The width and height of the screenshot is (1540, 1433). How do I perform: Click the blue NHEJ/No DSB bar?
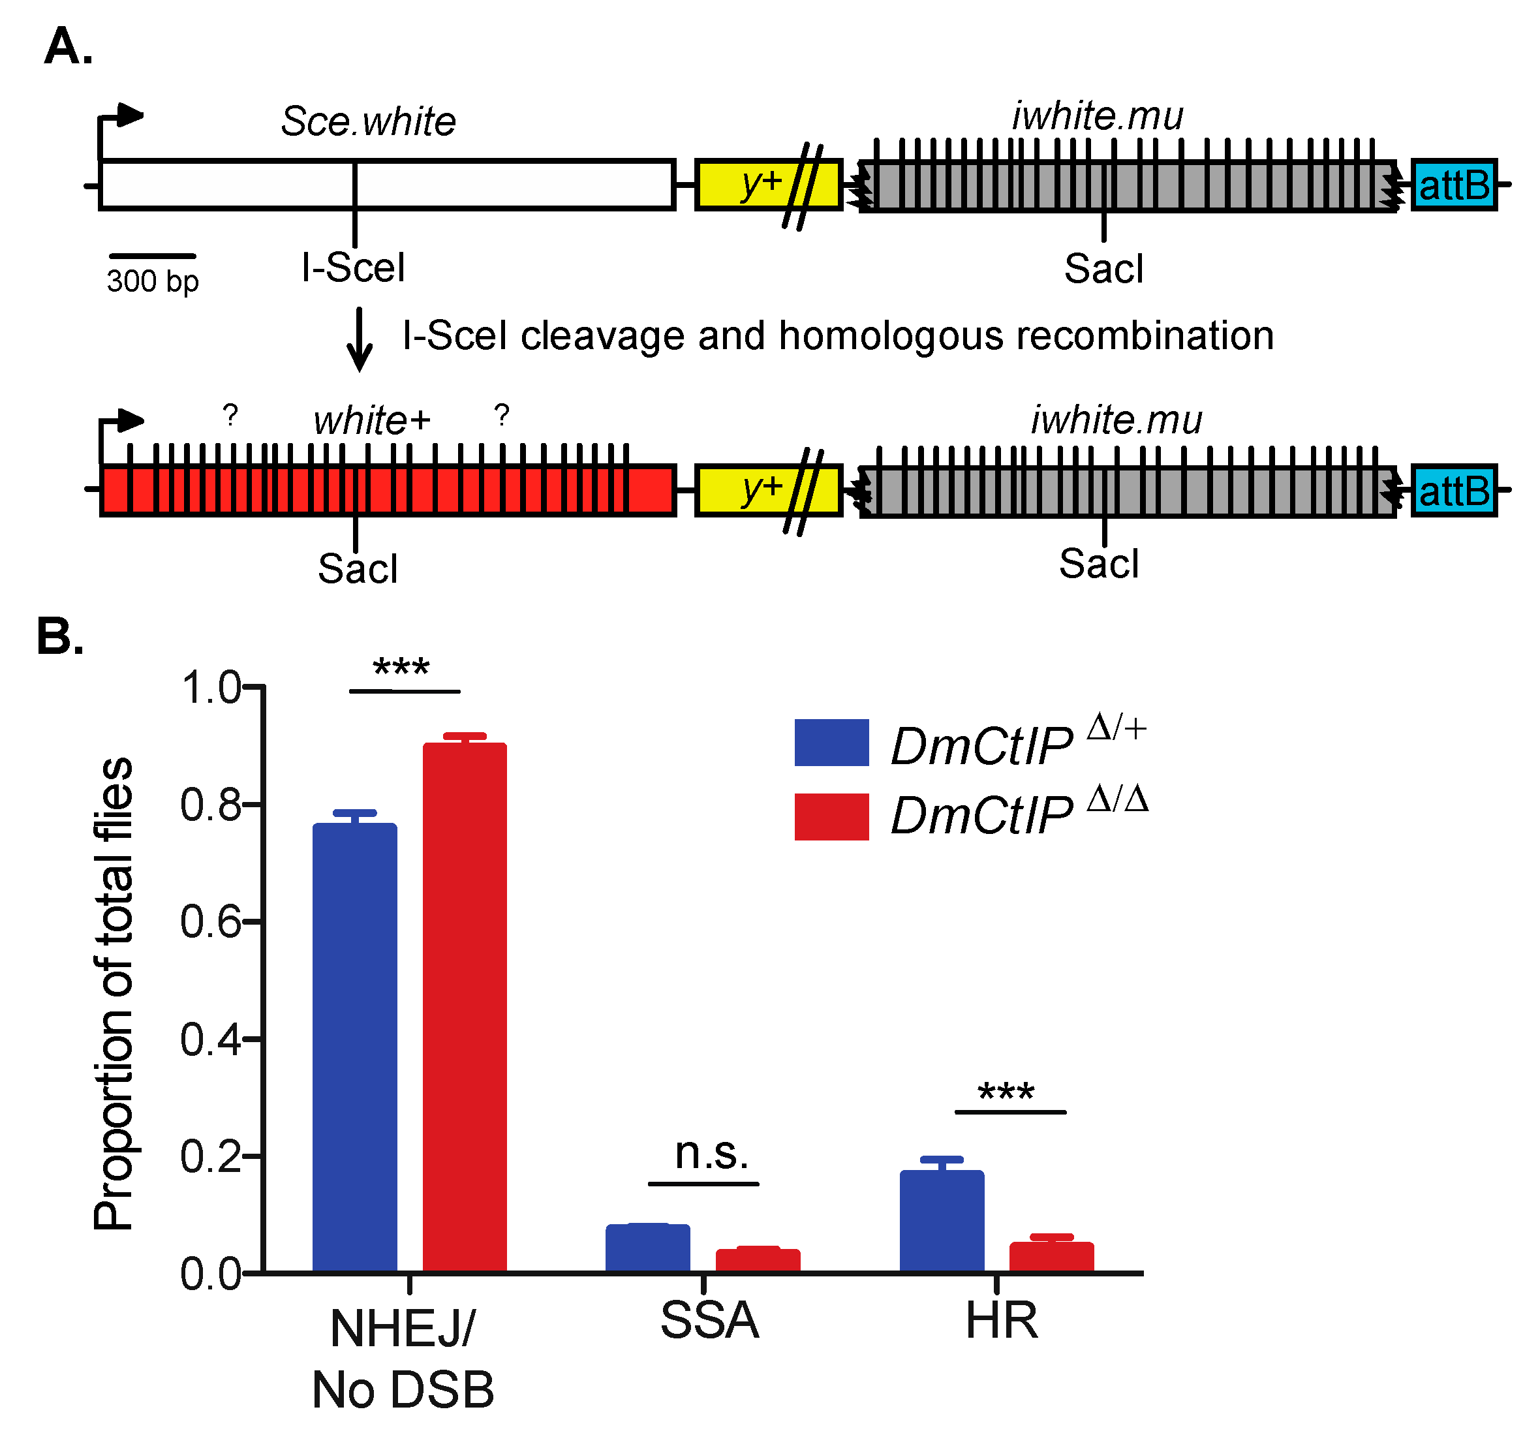355,1045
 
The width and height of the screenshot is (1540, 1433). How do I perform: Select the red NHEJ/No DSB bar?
465,1007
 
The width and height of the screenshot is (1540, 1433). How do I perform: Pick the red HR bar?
1051,1256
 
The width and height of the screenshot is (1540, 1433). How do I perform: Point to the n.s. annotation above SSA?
711,1153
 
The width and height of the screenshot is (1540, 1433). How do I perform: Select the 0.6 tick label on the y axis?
209,922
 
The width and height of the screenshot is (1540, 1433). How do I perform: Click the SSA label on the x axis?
709,1321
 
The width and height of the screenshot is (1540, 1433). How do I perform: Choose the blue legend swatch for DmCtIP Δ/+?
831,742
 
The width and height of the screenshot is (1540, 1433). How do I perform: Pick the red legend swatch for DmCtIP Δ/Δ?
831,816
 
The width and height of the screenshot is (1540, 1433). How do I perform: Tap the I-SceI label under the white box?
353,268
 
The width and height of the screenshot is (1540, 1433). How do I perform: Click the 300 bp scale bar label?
153,281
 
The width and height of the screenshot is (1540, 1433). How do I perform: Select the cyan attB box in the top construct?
1453,185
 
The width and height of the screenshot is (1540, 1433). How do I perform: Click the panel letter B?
59,637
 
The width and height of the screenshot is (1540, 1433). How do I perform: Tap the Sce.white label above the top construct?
368,121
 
